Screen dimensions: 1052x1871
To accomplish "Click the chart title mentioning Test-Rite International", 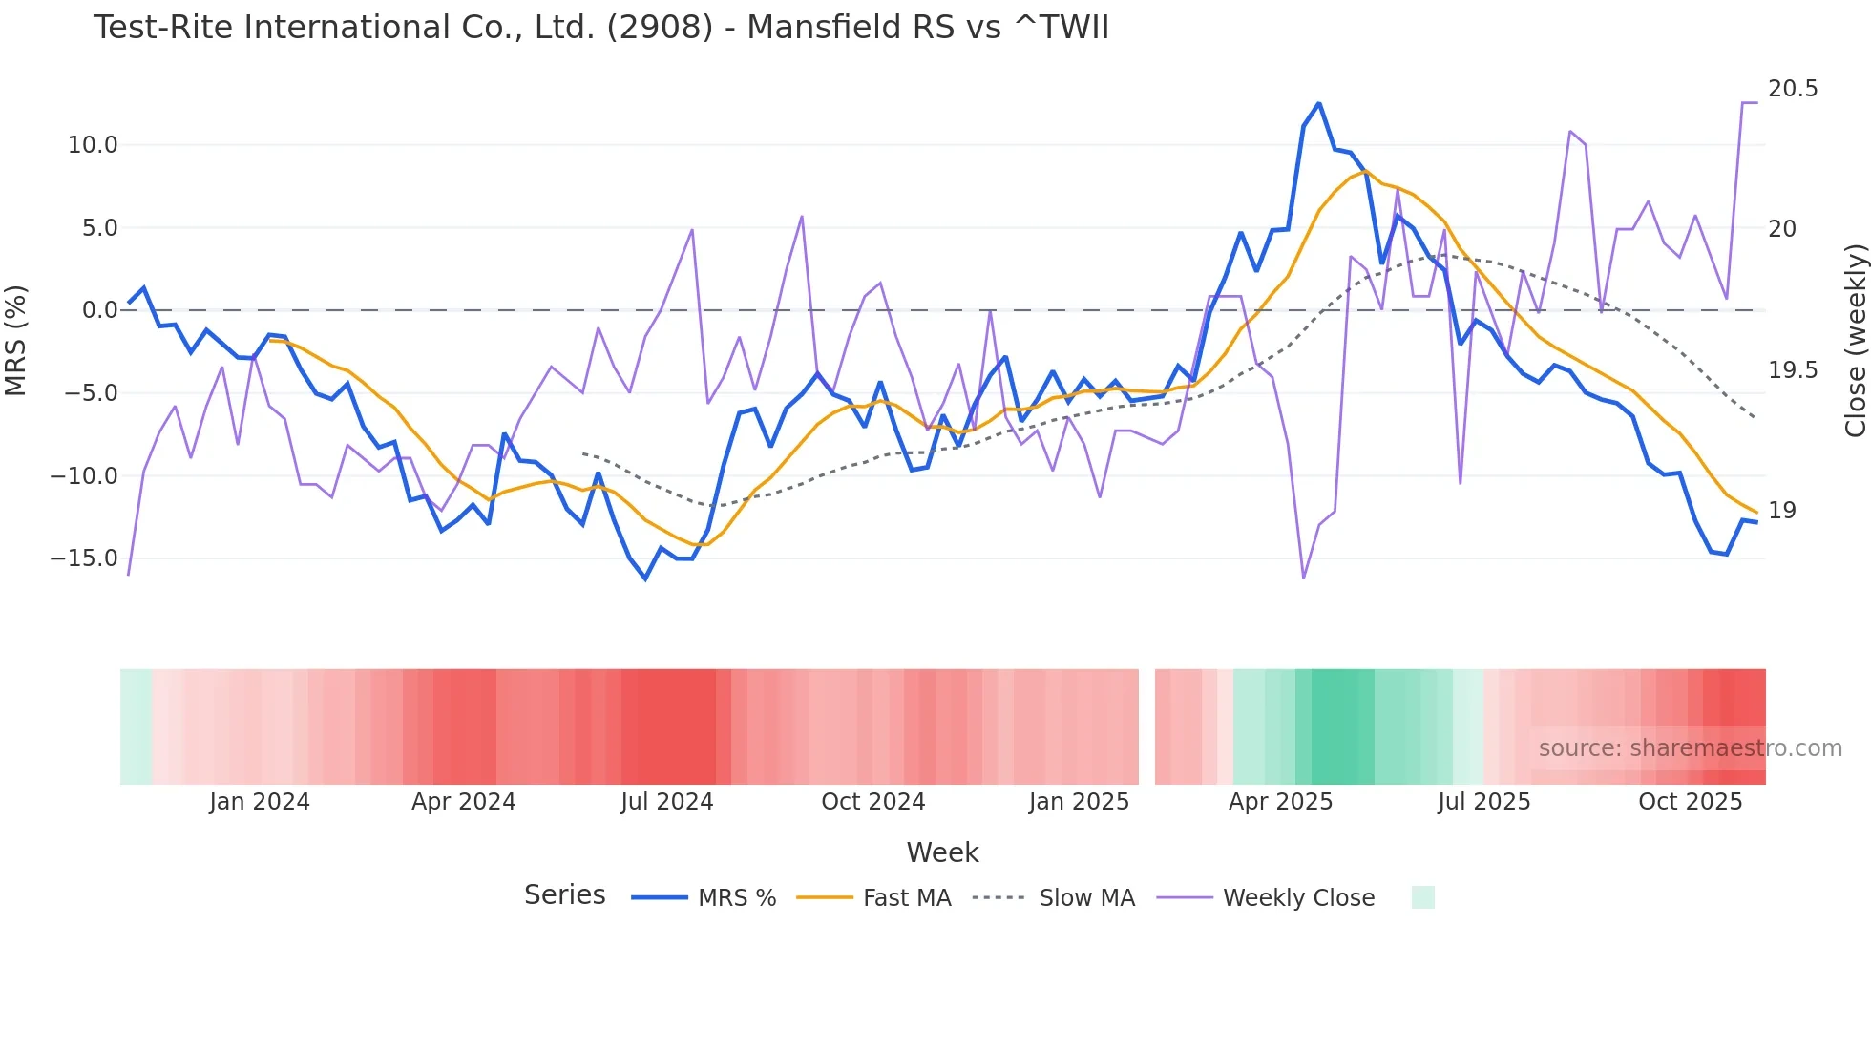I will [x=600, y=28].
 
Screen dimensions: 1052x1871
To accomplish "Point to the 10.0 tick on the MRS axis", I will [x=92, y=145].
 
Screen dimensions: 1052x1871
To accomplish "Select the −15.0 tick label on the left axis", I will [x=84, y=558].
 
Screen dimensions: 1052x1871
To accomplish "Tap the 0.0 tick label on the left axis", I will [x=99, y=310].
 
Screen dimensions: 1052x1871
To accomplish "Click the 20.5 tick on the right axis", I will [x=1792, y=89].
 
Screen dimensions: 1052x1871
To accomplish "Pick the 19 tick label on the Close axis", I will [x=1781, y=511].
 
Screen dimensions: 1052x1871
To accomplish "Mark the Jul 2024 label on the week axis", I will [x=666, y=802].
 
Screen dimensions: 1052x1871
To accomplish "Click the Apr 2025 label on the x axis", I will [x=1279, y=802].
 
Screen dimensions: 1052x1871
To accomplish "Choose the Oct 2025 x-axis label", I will [x=1690, y=802].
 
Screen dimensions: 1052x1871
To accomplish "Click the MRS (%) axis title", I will [x=16, y=341].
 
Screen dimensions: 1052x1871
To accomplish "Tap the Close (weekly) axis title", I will [x=1855, y=341].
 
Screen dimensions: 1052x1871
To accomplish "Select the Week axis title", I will [x=942, y=852].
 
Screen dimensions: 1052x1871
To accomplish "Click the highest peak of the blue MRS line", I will [x=1319, y=103].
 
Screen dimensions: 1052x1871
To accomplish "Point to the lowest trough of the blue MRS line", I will [x=645, y=579].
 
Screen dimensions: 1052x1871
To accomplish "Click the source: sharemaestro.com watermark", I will [x=1690, y=748].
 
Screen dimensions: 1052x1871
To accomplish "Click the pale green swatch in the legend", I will [x=1422, y=897].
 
